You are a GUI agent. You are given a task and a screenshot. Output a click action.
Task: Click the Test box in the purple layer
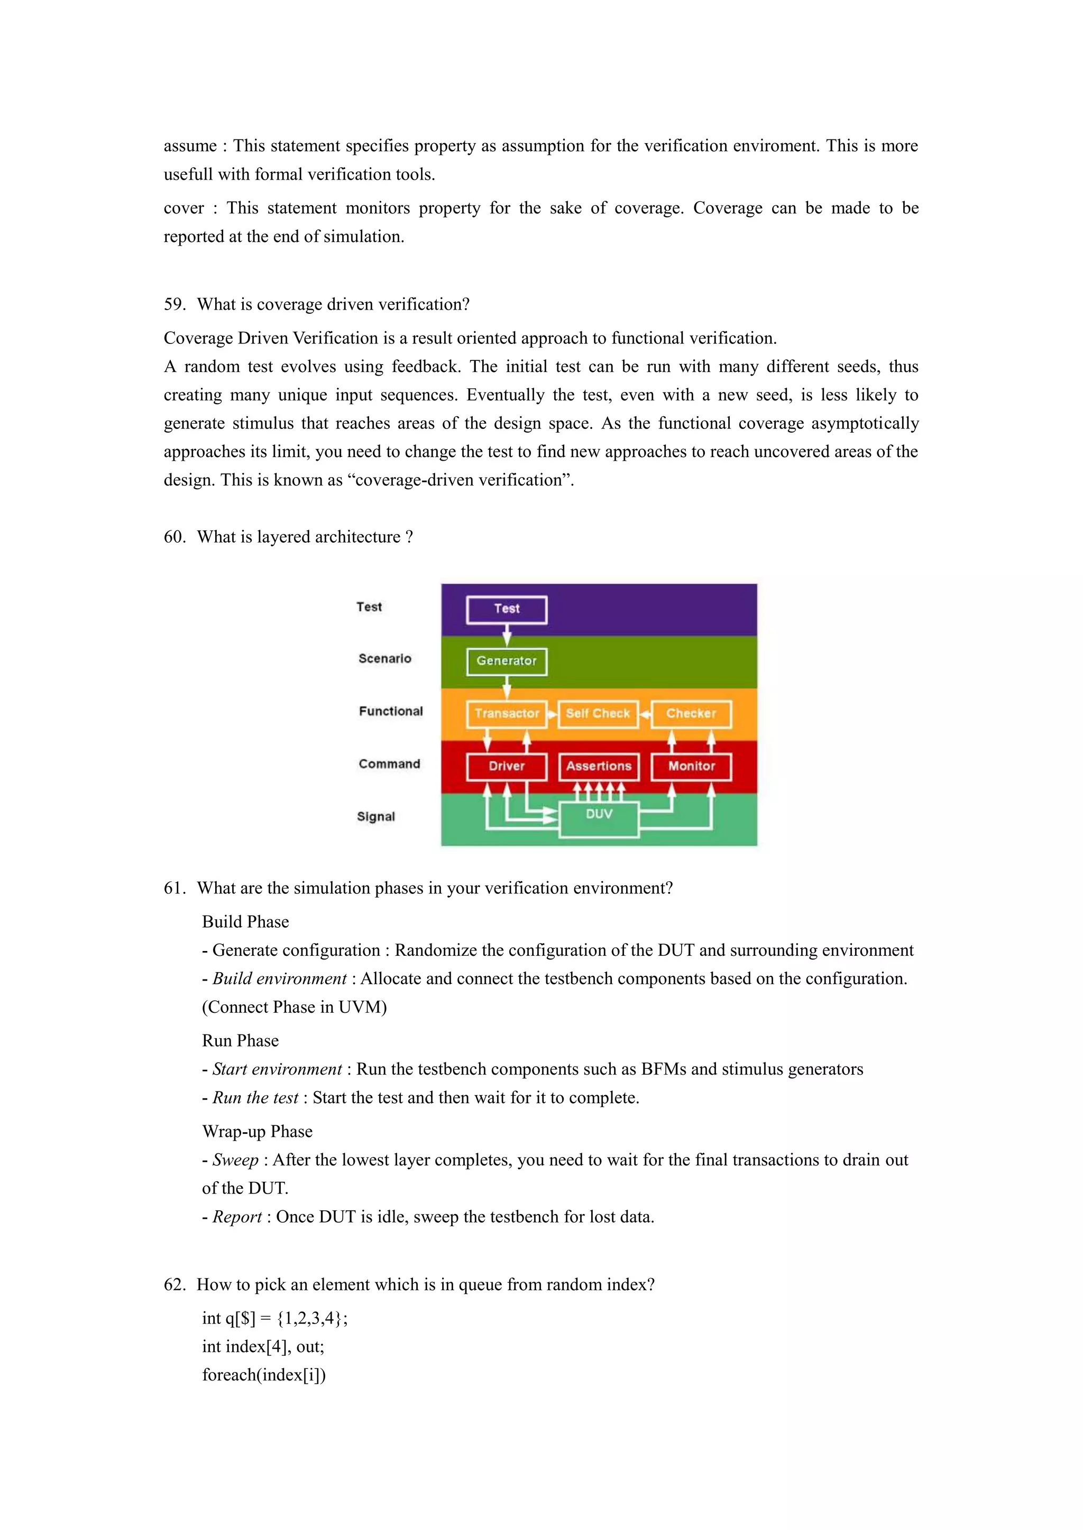coord(507,609)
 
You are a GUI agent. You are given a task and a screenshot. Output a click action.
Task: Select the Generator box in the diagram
coord(507,661)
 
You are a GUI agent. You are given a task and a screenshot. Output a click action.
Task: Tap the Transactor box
coord(507,714)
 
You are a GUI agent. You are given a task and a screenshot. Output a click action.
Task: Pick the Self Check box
coord(598,714)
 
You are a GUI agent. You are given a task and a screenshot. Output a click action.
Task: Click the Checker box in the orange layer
coord(691,714)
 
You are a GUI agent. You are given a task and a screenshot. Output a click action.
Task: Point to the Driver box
coord(507,767)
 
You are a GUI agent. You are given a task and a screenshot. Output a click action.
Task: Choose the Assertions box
coord(598,767)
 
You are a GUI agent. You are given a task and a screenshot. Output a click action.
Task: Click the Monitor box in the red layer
coord(691,767)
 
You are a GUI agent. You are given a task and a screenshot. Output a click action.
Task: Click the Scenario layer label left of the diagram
coord(385,658)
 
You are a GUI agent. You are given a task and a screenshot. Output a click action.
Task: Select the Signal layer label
coord(376,816)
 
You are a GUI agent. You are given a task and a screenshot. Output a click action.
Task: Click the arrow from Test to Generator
coord(507,635)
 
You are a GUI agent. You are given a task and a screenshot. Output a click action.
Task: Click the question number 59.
coord(174,304)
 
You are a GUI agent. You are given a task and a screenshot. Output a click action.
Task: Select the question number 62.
coord(174,1284)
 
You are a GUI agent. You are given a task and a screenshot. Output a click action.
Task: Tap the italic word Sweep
coord(235,1160)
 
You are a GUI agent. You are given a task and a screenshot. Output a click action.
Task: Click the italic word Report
coord(237,1217)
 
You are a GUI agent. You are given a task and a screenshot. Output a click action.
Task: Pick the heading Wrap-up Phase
coord(258,1132)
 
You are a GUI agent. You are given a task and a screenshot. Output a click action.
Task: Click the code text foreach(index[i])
coord(264,1375)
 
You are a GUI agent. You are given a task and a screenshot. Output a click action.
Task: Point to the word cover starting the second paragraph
coord(183,209)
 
